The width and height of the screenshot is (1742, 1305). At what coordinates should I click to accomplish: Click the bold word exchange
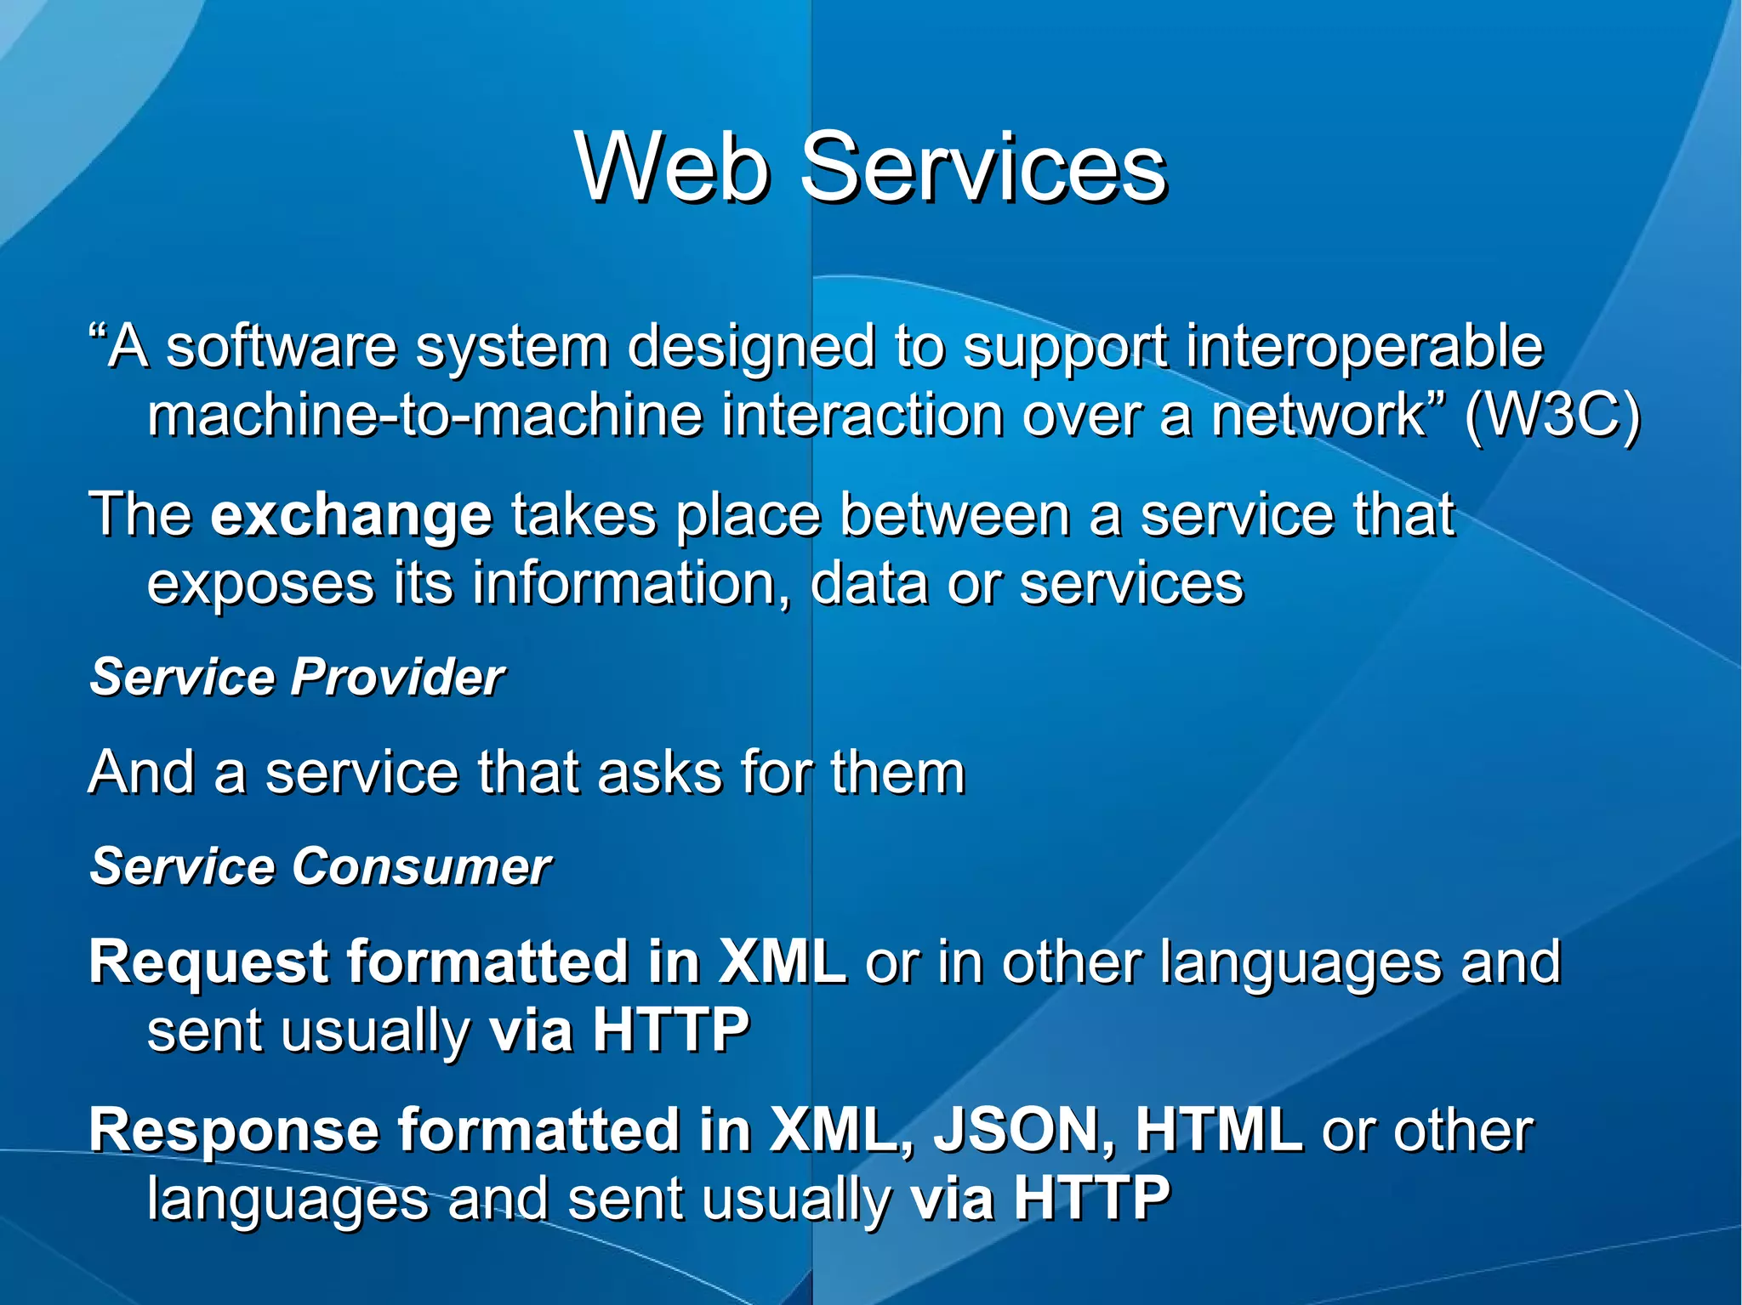click(350, 516)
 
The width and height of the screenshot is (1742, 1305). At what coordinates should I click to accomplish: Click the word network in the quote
click(1318, 416)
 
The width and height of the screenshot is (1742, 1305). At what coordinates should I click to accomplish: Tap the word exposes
click(260, 585)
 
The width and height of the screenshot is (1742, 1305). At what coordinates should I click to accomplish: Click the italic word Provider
click(397, 678)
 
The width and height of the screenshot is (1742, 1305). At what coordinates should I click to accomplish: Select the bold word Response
click(234, 1132)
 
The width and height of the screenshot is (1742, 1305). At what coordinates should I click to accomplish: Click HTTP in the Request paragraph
click(670, 1030)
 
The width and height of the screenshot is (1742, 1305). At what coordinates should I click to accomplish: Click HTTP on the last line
click(1091, 1199)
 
